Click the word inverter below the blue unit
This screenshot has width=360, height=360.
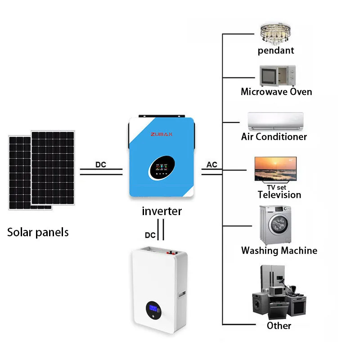coord(162,211)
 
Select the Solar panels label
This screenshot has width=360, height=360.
coord(38,232)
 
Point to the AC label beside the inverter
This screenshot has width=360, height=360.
coord(212,165)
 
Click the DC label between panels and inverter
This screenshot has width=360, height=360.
coord(101,165)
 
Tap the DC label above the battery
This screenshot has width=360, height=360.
coord(150,235)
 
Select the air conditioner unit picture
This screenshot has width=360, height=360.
coord(275,121)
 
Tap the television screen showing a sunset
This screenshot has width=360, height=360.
coord(275,168)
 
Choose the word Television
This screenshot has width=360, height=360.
coord(279,195)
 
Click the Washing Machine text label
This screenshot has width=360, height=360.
coord(279,251)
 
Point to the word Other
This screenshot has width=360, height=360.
coord(279,325)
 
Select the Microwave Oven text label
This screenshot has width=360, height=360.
coord(276,92)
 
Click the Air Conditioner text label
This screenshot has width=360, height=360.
coord(274,136)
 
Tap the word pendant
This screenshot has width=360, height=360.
coord(276,50)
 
